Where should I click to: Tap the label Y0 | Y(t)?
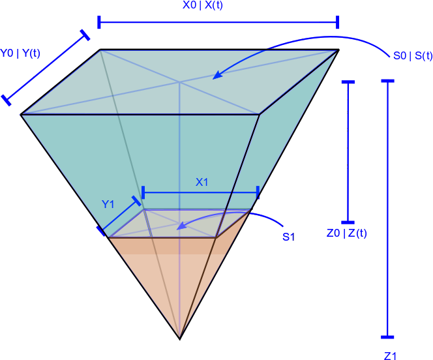pyautogui.click(x=20, y=53)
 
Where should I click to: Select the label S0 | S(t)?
pyautogui.click(x=413, y=56)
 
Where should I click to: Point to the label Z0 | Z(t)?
pyautogui.click(x=346, y=233)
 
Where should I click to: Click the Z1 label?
pyautogui.click(x=390, y=355)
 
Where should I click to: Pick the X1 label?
pyautogui.click(x=202, y=183)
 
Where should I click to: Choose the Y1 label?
pyautogui.click(x=108, y=205)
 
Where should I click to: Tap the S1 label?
pyautogui.click(x=288, y=237)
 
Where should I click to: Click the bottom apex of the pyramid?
pyautogui.click(x=179, y=336)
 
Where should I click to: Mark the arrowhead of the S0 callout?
pyautogui.click(x=215, y=76)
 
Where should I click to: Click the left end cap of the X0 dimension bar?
pyautogui.click(x=99, y=23)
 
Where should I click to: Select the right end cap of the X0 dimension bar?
pyautogui.click(x=338, y=23)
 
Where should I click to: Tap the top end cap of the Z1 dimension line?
pyautogui.click(x=388, y=81)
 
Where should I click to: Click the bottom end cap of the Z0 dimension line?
pyautogui.click(x=348, y=222)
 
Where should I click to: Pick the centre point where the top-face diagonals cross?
pyautogui.click(x=179, y=82)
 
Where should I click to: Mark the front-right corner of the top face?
pyautogui.click(x=259, y=115)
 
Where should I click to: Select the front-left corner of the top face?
pyautogui.click(x=23, y=115)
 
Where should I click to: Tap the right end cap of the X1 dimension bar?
pyautogui.click(x=258, y=192)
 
